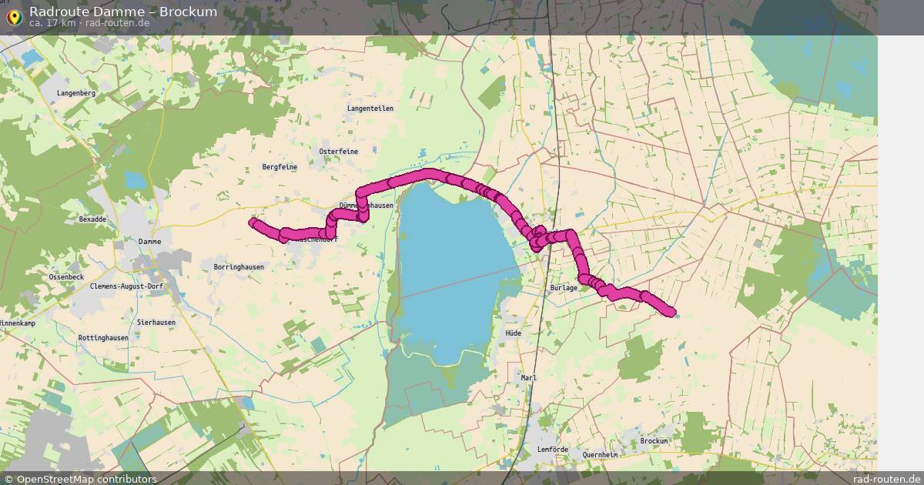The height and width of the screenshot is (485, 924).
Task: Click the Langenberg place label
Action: (x=75, y=93)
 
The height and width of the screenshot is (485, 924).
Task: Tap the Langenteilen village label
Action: (x=370, y=109)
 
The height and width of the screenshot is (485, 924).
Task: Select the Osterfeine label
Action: (x=338, y=152)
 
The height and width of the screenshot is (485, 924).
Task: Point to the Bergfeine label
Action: (x=280, y=167)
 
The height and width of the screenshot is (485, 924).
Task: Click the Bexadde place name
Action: (x=92, y=219)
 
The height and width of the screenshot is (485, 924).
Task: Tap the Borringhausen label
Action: (x=239, y=267)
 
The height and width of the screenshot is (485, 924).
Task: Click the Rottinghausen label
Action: (x=103, y=338)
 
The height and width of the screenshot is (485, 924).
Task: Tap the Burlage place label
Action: (x=564, y=288)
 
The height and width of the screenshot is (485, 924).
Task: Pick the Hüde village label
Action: (x=513, y=333)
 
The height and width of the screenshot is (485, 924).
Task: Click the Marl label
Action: (x=528, y=378)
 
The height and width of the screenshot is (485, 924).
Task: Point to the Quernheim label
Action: (x=601, y=455)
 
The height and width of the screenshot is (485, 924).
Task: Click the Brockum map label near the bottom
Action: (x=654, y=441)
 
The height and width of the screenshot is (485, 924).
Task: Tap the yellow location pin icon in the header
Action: (x=14, y=16)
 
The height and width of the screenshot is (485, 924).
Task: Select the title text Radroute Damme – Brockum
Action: (x=123, y=12)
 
